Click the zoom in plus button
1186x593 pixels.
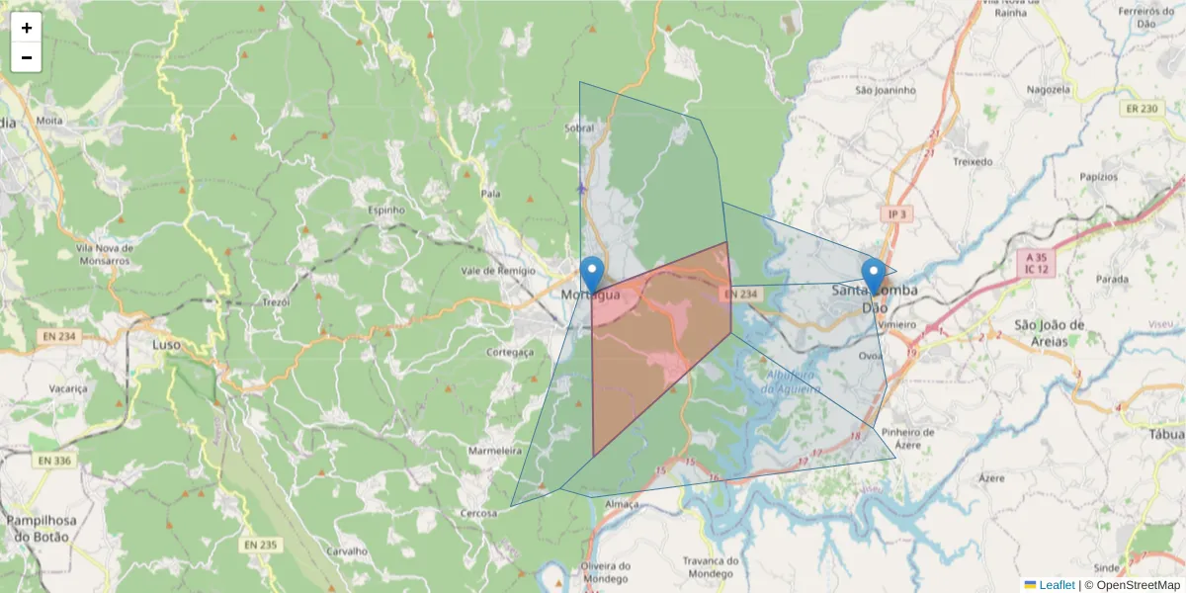tap(27, 28)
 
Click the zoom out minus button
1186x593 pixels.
tap(27, 57)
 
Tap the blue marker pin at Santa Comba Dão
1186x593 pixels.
tap(873, 276)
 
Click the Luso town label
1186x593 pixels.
tap(167, 345)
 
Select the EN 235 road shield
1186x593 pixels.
tap(261, 545)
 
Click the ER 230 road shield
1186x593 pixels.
tap(1141, 109)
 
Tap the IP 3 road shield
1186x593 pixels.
tap(896, 214)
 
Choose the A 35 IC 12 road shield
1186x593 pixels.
tap(1035, 262)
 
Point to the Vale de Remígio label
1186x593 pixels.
tap(498, 271)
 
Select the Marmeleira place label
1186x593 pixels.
tap(494, 451)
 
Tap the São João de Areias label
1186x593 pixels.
tap(1050, 332)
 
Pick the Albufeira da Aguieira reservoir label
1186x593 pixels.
tap(792, 381)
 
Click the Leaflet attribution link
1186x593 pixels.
tap(1058, 585)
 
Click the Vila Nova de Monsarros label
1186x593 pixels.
tap(103, 254)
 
